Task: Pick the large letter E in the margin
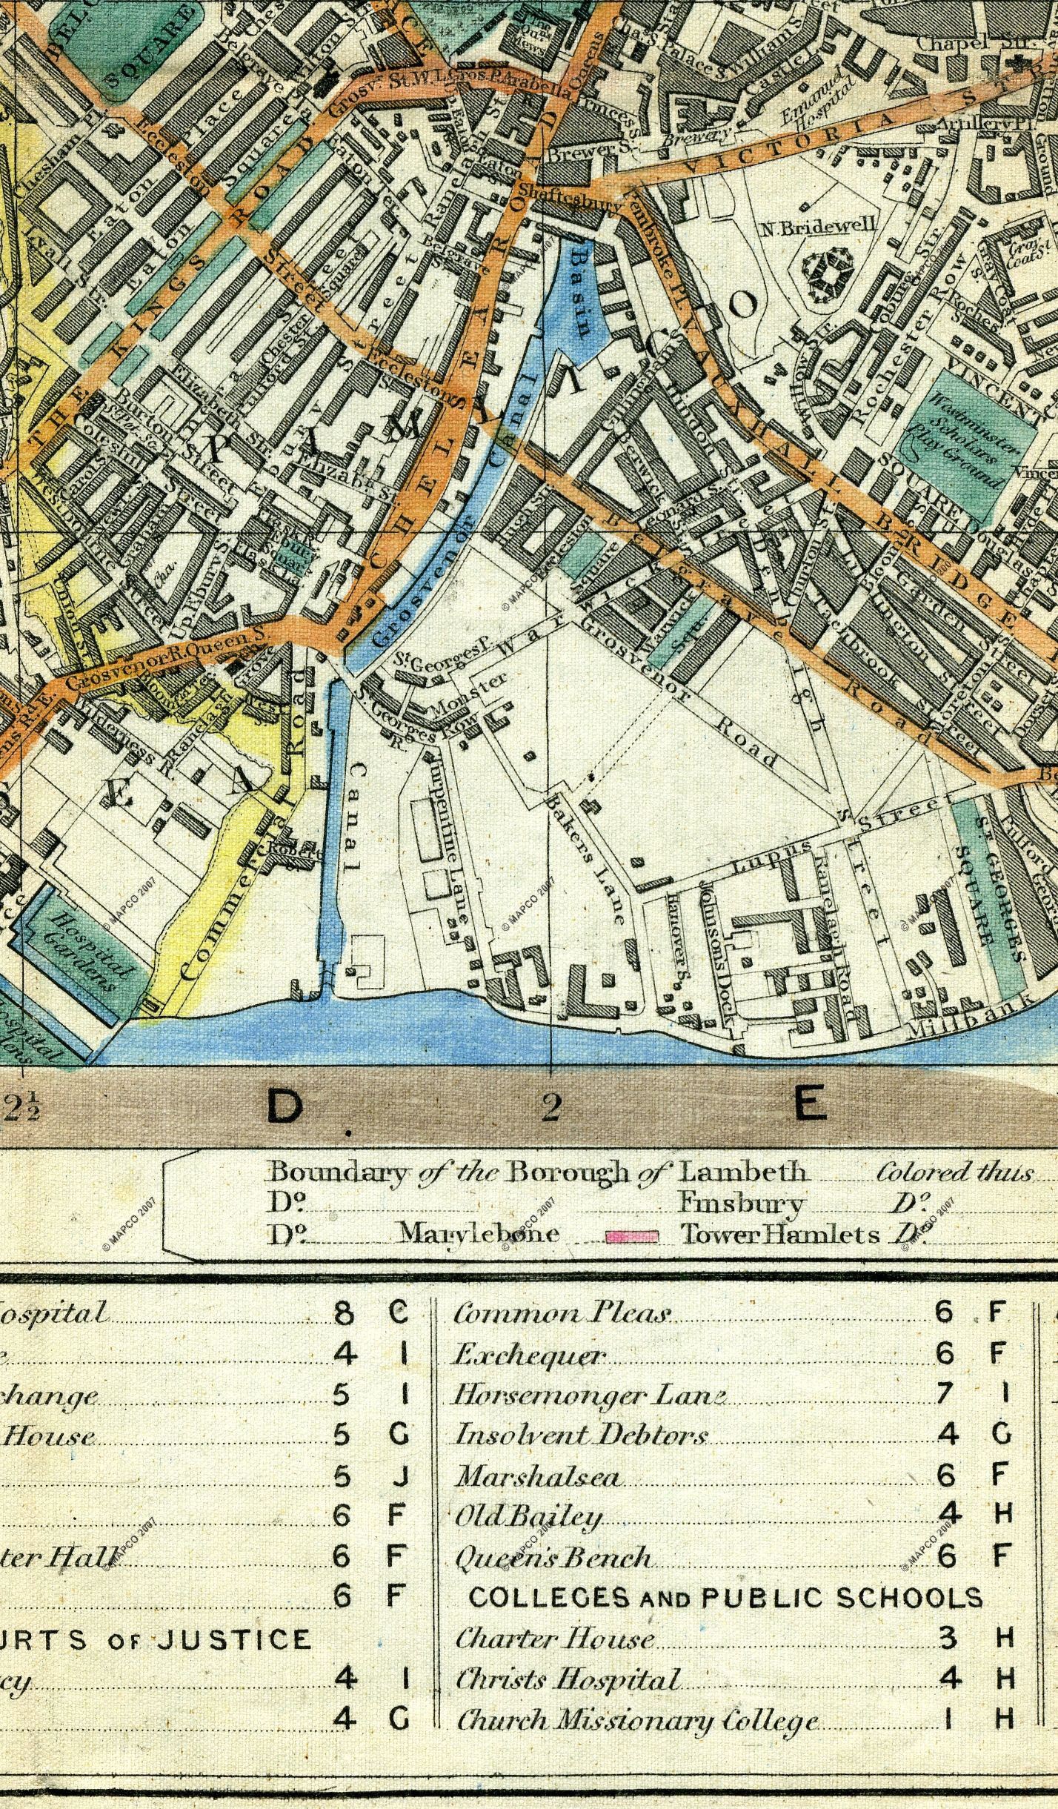pyautogui.click(x=809, y=1106)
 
